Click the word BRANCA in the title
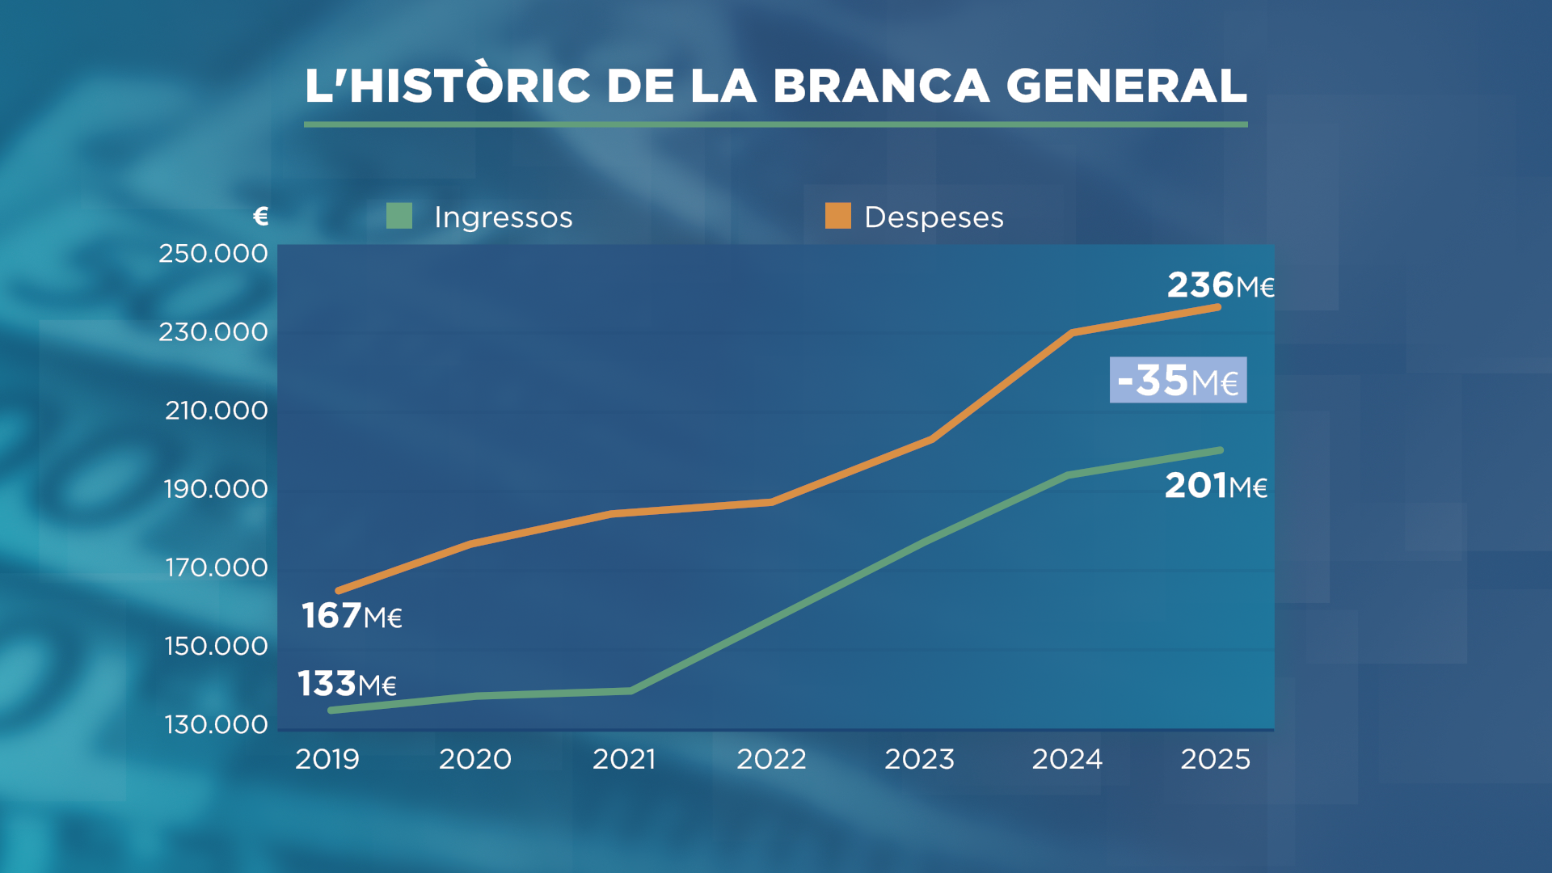880,86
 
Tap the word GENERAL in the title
1126,86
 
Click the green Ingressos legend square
399,216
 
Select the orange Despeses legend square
838,216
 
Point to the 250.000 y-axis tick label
213,254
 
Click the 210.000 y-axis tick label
217,411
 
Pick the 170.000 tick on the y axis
217,567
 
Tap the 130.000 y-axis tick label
217,724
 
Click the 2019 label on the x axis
327,759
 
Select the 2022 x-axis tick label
771,759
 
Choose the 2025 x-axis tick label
1215,759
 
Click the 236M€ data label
1220,285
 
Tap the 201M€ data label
1215,486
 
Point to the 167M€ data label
352,616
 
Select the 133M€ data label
347,684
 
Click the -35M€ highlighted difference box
1178,380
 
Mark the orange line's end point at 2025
1218,307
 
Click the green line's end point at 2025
1220,450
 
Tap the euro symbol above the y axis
260,216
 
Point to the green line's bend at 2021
630,690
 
